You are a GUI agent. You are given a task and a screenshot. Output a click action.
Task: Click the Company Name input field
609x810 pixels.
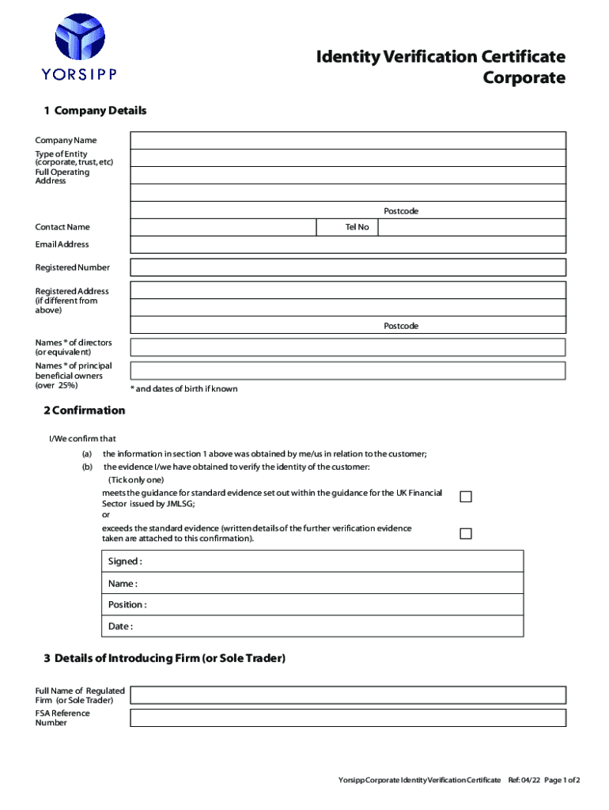tap(348, 140)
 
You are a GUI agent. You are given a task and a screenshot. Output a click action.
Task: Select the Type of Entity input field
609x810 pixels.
tap(348, 157)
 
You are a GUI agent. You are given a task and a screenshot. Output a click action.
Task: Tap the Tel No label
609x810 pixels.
tap(357, 228)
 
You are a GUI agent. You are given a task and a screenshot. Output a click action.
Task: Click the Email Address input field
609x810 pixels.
tap(348, 244)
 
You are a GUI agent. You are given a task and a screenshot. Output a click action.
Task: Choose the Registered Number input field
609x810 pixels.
tap(348, 267)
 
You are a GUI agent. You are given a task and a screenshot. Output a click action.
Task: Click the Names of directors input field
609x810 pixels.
tap(348, 347)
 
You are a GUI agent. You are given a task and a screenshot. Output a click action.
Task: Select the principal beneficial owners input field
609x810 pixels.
tap(348, 370)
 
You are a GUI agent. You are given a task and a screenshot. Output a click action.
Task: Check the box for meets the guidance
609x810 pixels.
tap(466, 497)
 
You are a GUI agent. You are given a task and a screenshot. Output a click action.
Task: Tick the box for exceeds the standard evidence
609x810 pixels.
tap(466, 533)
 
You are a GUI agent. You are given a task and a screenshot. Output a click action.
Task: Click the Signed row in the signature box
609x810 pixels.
tap(315, 562)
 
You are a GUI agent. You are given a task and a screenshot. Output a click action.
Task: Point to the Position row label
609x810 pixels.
tap(127, 605)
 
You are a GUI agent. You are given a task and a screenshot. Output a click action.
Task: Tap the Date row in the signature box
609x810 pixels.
tap(315, 626)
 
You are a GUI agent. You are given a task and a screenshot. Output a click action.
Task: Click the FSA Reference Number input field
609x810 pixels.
tap(348, 717)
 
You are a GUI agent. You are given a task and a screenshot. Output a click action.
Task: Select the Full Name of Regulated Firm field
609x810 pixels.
tap(348, 695)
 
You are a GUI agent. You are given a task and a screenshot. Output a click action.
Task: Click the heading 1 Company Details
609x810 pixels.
tap(95, 111)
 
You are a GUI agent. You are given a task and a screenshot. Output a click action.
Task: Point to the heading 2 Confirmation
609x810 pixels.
tap(84, 411)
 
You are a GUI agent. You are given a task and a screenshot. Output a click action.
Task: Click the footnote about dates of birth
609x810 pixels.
tap(183, 389)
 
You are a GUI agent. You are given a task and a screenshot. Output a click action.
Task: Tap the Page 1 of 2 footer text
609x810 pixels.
tap(561, 781)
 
